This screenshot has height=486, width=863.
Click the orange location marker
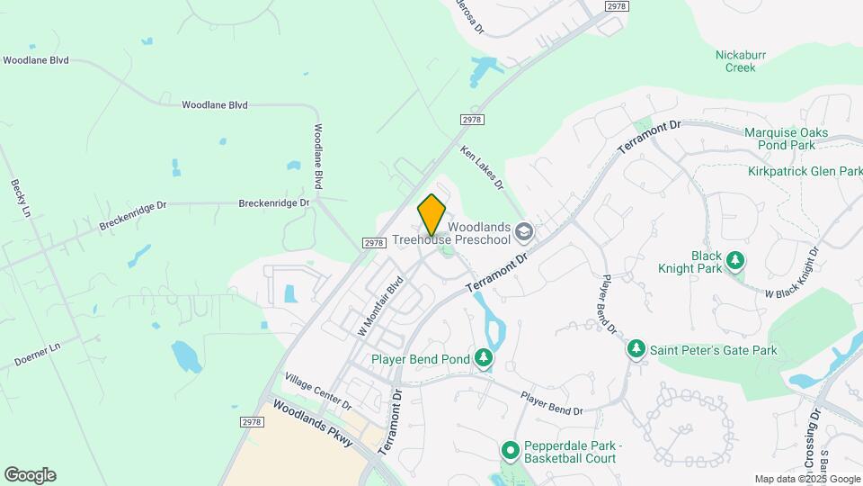(431, 214)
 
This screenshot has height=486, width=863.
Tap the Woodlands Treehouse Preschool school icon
(524, 234)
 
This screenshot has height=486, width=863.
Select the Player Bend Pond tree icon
(484, 359)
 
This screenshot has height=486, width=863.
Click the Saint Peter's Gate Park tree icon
(636, 348)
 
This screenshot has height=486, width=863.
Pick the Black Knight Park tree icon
(735, 261)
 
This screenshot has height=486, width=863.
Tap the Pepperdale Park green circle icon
(510, 449)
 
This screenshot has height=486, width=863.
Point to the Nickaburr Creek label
(741, 60)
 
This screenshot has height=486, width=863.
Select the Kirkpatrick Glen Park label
(805, 171)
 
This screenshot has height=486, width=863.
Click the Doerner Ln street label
(37, 354)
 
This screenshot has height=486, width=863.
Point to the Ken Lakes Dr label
(483, 167)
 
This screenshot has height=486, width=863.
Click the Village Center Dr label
(318, 391)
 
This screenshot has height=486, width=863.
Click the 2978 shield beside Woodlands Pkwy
(253, 420)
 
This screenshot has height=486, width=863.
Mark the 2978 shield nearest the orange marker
(374, 242)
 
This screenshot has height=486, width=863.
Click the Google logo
(30, 475)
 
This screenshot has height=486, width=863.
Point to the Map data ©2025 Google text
(807, 479)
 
